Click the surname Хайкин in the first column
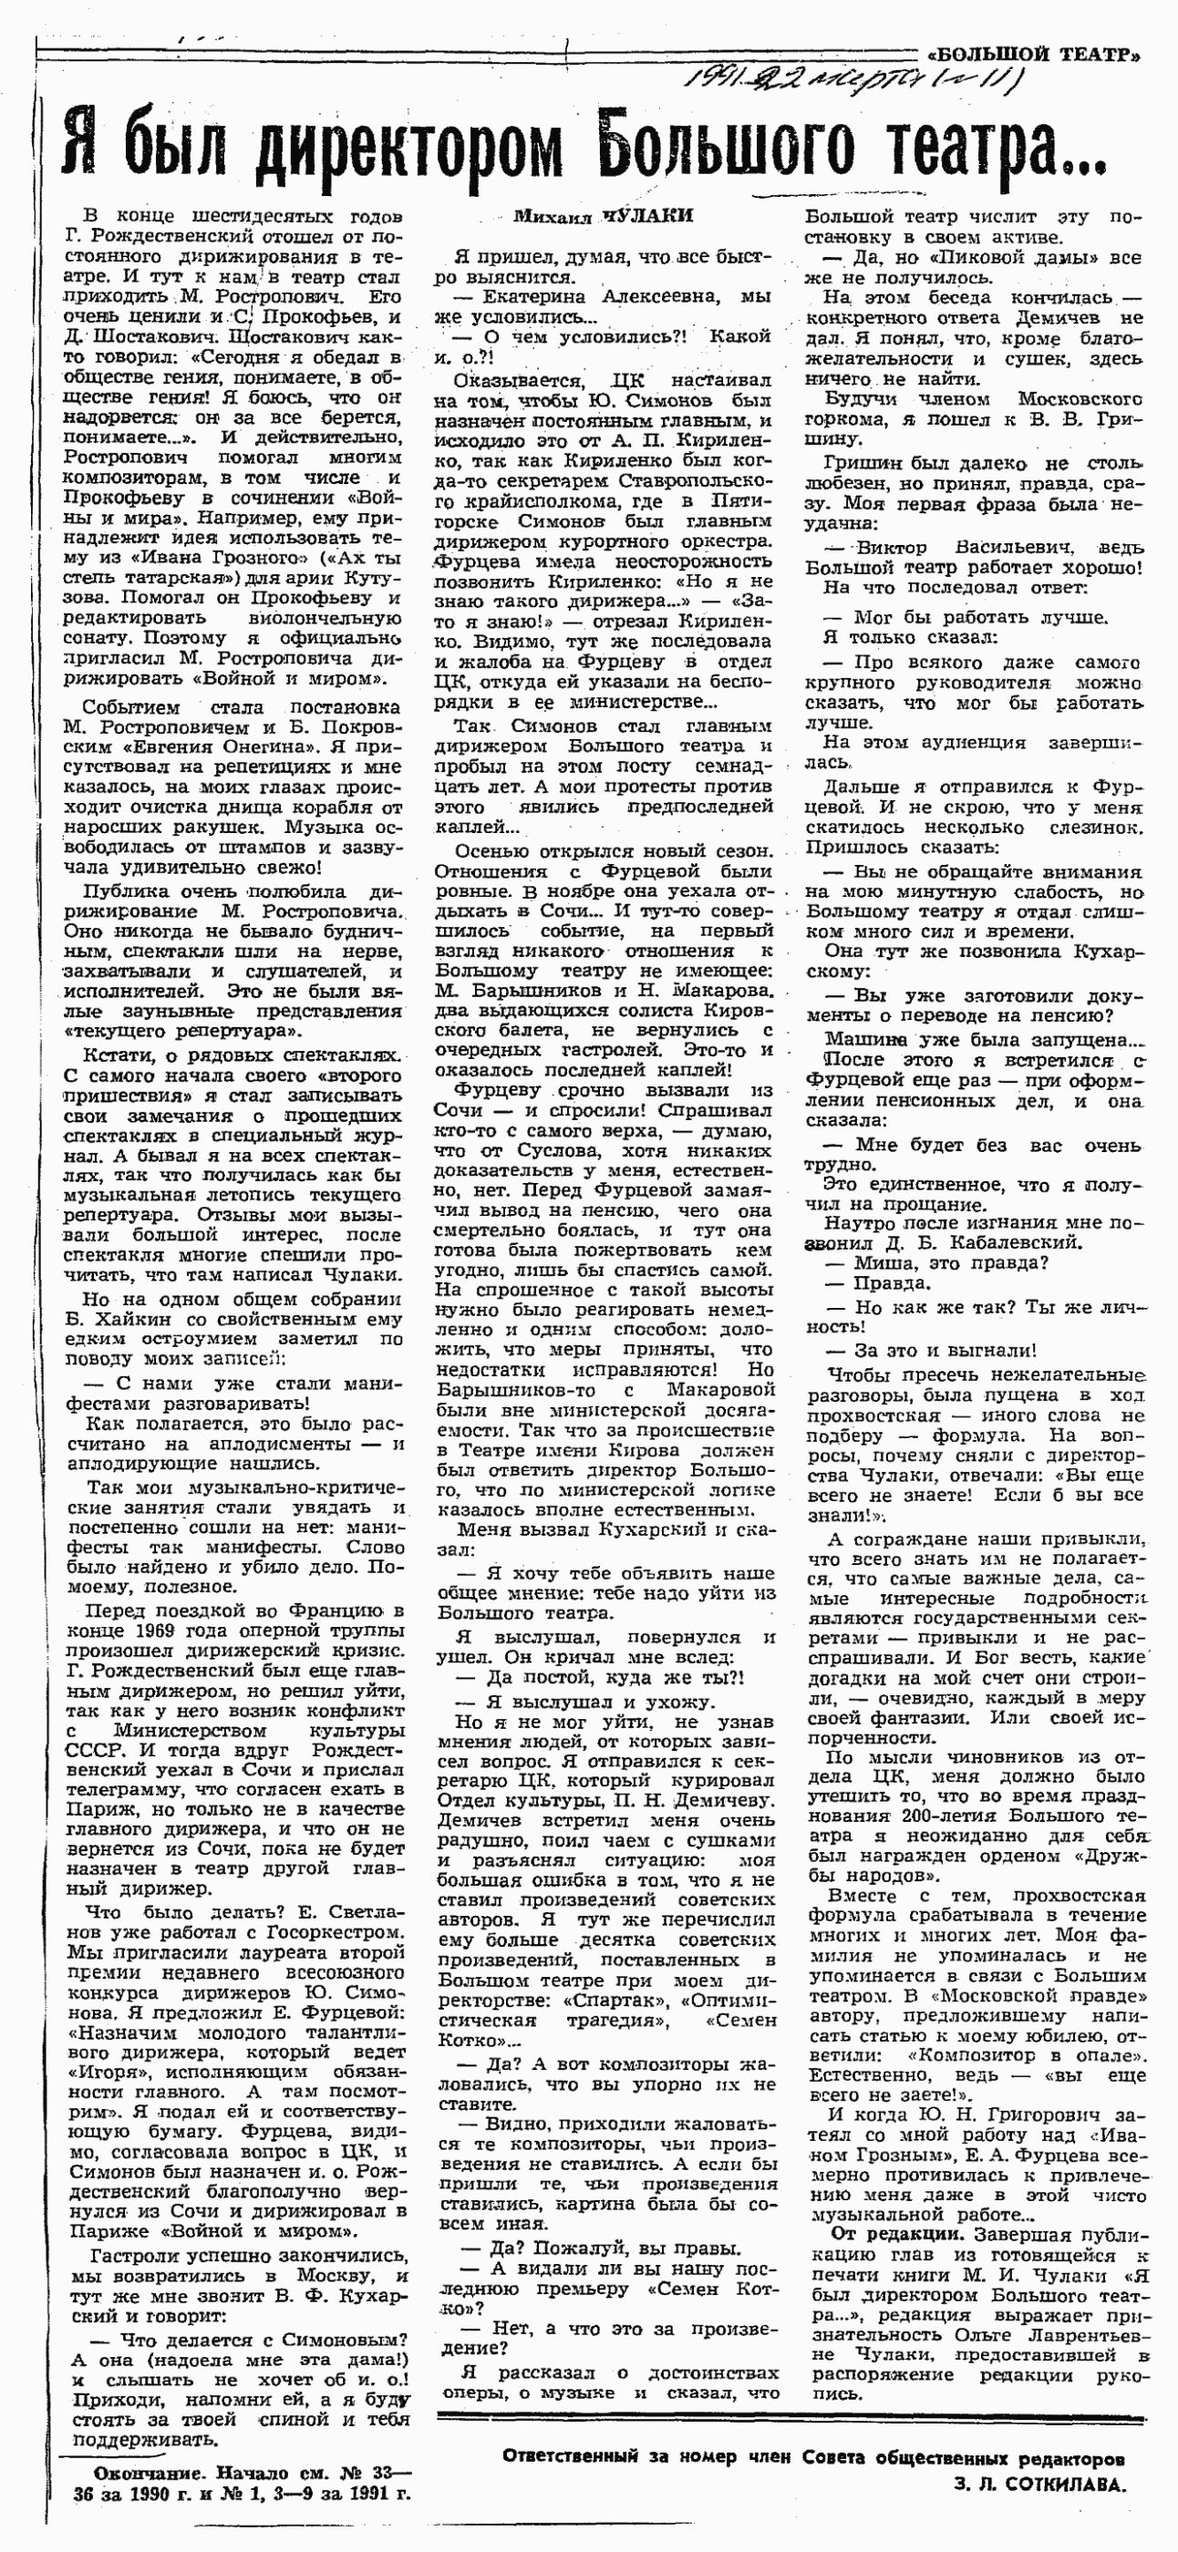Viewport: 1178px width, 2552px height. tap(118, 1320)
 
